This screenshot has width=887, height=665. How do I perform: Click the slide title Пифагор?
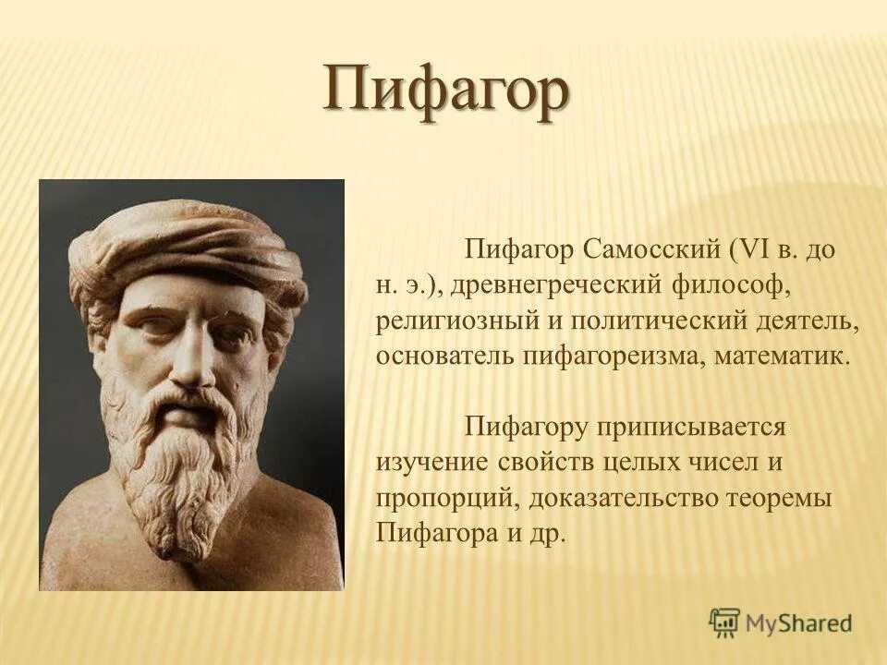tap(445, 91)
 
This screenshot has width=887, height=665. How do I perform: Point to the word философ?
tap(730, 285)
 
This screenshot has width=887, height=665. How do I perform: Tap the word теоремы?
tap(790, 499)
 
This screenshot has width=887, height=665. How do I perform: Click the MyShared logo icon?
tap(725, 623)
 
